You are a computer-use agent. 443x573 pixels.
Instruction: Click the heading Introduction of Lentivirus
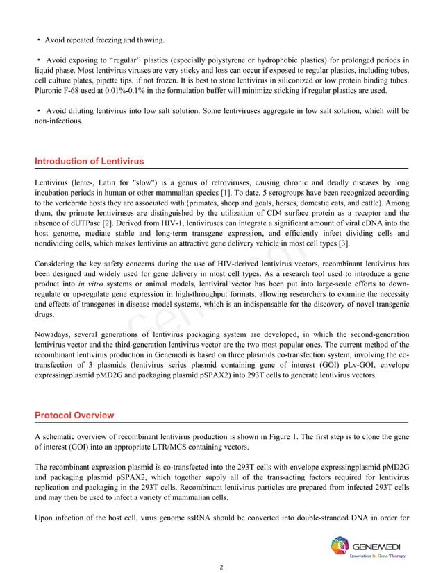[89, 162]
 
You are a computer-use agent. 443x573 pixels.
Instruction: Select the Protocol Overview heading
[74, 416]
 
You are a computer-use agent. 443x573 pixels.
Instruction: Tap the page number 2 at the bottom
[221, 567]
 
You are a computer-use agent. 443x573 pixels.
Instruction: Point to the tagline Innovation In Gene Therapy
[376, 556]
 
